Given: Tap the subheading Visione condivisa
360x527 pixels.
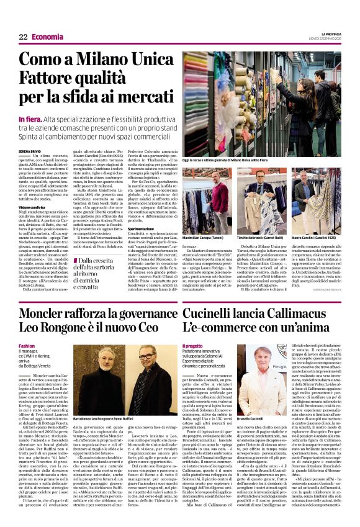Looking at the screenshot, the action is pos(32,207).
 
